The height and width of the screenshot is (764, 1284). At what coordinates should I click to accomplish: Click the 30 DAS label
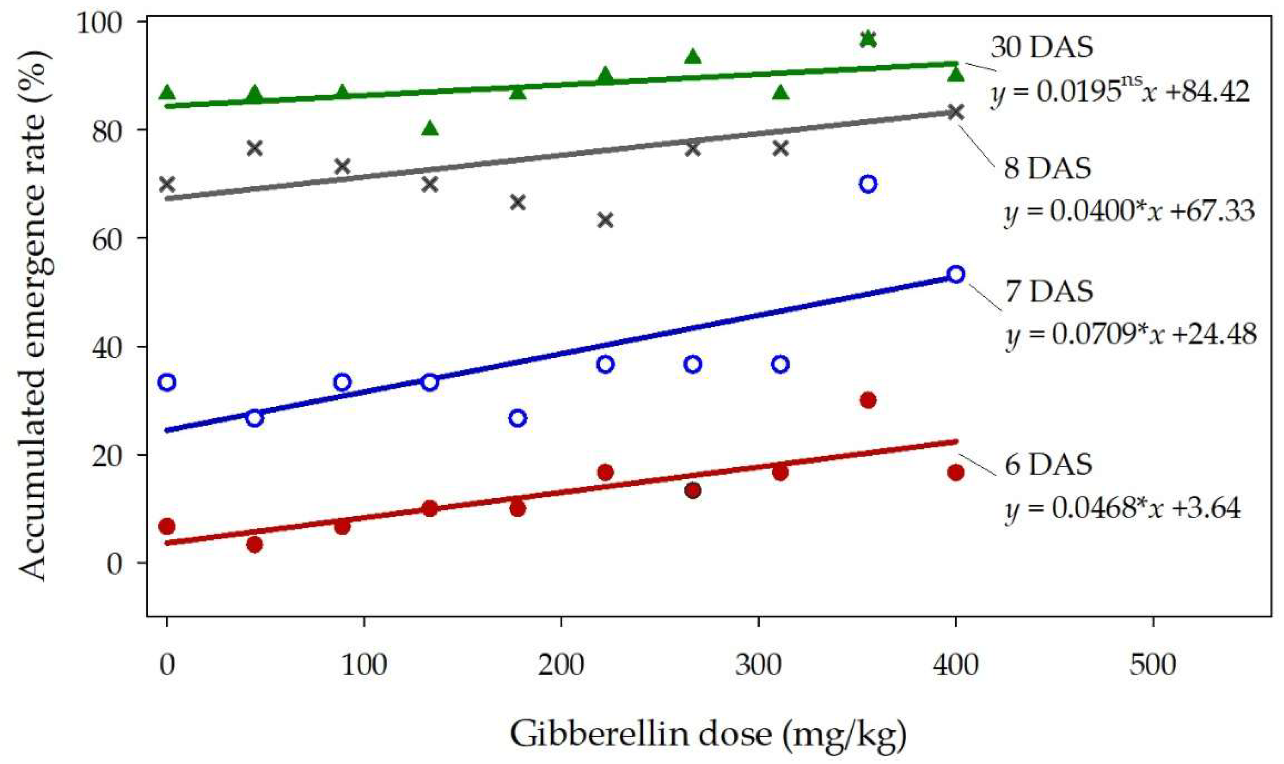point(1041,48)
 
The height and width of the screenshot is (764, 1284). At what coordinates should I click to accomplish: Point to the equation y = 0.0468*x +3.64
point(1122,509)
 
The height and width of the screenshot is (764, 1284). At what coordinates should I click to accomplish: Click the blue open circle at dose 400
point(956,274)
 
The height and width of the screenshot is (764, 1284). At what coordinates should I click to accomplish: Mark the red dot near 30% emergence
point(868,400)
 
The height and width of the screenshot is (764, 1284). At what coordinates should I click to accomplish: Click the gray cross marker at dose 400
point(956,112)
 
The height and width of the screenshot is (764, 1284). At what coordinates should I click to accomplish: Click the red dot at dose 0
point(167,526)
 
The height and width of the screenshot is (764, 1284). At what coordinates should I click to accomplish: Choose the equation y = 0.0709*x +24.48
point(1131,334)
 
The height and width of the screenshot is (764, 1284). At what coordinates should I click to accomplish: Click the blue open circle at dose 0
point(167,382)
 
